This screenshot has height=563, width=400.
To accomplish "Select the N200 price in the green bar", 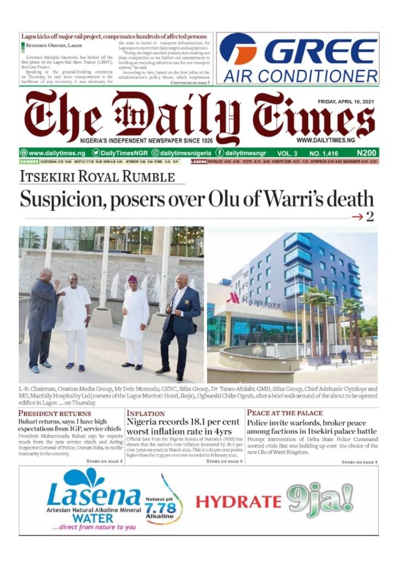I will [366, 152].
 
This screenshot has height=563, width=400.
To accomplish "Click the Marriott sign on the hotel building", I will [254, 304].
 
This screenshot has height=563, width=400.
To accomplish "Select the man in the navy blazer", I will [180, 325].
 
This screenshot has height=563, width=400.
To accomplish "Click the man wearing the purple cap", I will [133, 322].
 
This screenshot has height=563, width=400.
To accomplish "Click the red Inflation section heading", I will [146, 413].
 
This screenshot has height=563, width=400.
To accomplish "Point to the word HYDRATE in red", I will [238, 501].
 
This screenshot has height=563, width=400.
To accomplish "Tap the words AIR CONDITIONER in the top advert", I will [300, 75].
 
